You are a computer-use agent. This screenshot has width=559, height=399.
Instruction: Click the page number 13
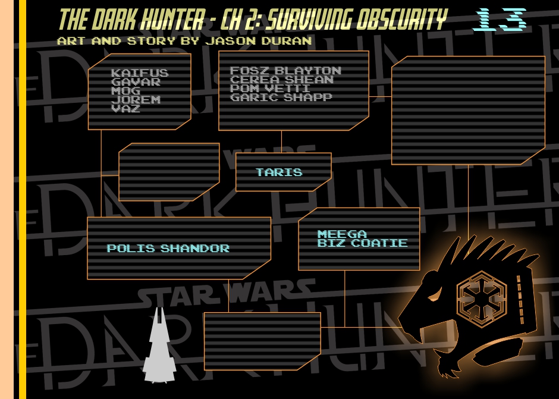pyautogui.click(x=500, y=20)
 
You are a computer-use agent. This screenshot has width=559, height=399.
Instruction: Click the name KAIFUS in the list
pyautogui.click(x=140, y=73)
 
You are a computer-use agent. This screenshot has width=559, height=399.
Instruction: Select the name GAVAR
pyautogui.click(x=136, y=82)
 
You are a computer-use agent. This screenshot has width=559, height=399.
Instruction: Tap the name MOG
pyautogui.click(x=125, y=91)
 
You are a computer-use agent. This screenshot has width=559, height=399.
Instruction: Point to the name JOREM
pyautogui.click(x=136, y=100)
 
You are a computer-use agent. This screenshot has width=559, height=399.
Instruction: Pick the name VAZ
pyautogui.click(x=125, y=109)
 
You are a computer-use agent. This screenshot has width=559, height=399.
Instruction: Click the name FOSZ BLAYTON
pyautogui.click(x=285, y=71)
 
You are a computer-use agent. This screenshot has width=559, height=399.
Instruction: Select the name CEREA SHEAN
pyautogui.click(x=282, y=80)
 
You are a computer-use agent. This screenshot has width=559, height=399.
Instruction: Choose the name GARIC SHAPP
pyautogui.click(x=281, y=98)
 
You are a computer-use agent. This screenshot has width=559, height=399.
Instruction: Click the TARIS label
pyautogui.click(x=279, y=172)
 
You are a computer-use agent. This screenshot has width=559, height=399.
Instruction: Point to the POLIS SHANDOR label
pyautogui.click(x=168, y=249)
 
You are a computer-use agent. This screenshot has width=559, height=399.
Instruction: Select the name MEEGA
pyautogui.click(x=342, y=234)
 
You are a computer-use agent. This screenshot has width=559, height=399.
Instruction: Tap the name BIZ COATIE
pyautogui.click(x=362, y=243)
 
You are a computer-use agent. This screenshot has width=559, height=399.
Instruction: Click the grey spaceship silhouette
pyautogui.click(x=159, y=348)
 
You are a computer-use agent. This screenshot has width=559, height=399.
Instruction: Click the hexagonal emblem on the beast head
pyautogui.click(x=481, y=295)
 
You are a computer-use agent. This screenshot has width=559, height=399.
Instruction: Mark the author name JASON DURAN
pyautogui.click(x=258, y=41)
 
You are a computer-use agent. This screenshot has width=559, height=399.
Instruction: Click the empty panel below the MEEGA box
pyautogui.click(x=262, y=341)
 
